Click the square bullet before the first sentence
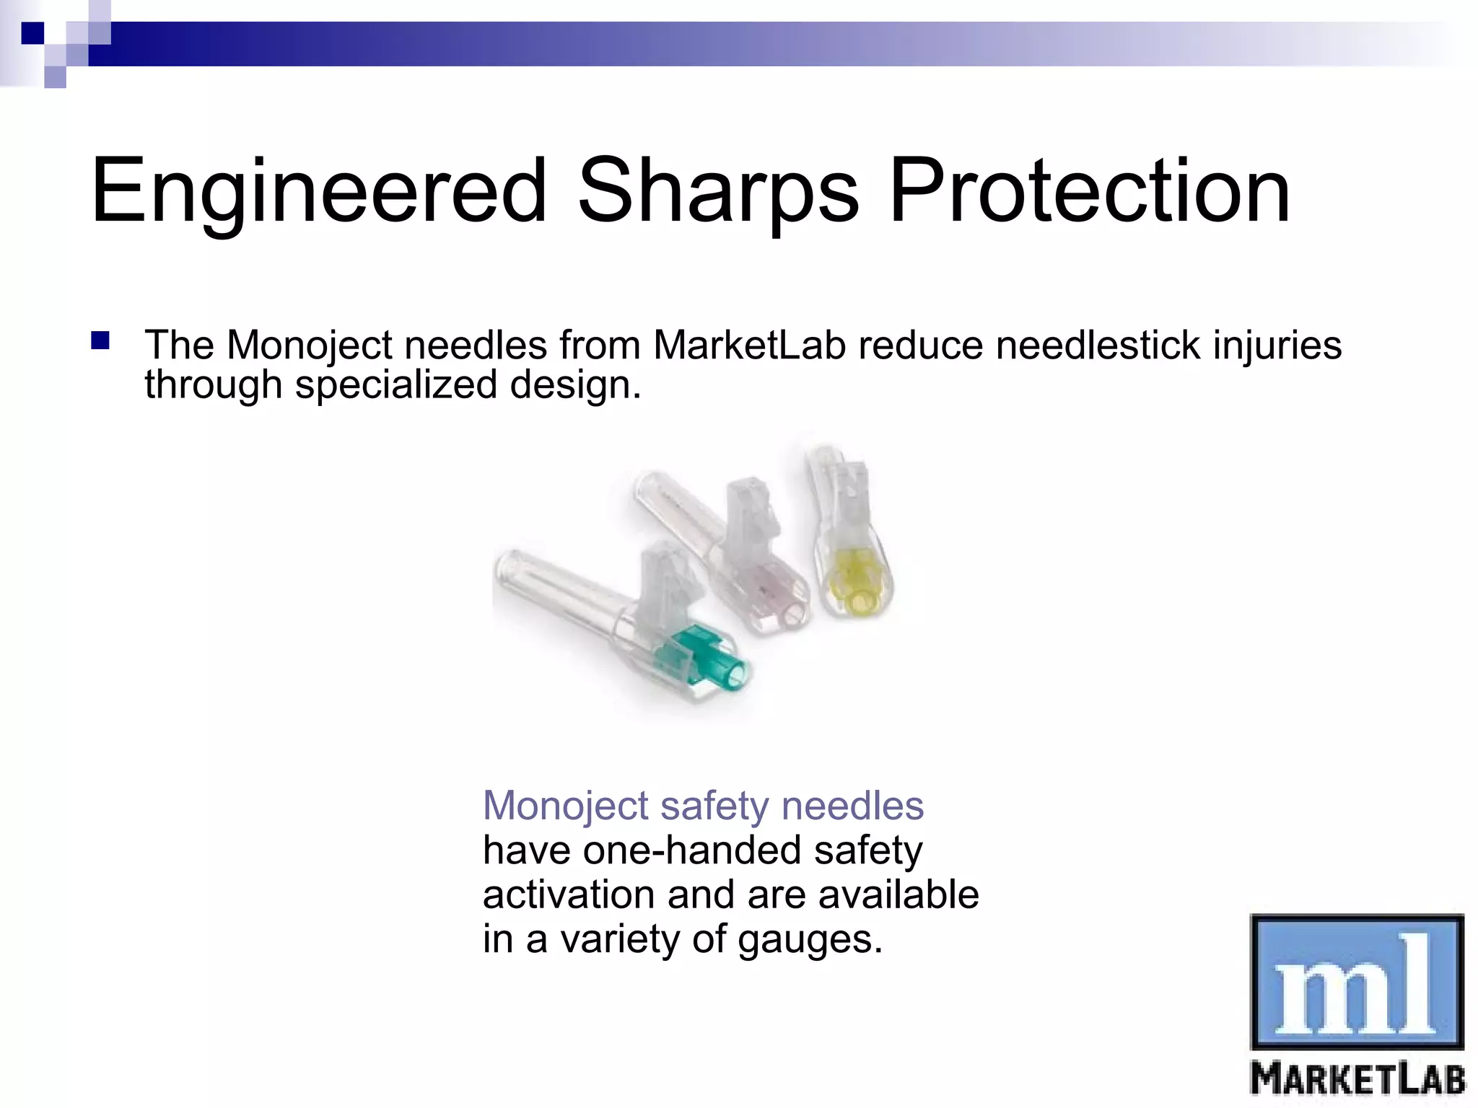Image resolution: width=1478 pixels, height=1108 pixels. pyautogui.click(x=100, y=340)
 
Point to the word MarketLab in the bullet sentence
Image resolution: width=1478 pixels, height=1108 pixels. pyautogui.click(x=748, y=345)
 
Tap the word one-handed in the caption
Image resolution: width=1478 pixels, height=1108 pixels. pyautogui.click(x=692, y=850)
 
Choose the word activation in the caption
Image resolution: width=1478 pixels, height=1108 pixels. pyautogui.click(x=568, y=895)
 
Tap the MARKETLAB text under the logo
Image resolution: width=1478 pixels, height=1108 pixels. pyautogui.click(x=1357, y=1079)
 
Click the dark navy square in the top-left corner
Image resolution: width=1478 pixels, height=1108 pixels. pyautogui.click(x=32, y=33)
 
